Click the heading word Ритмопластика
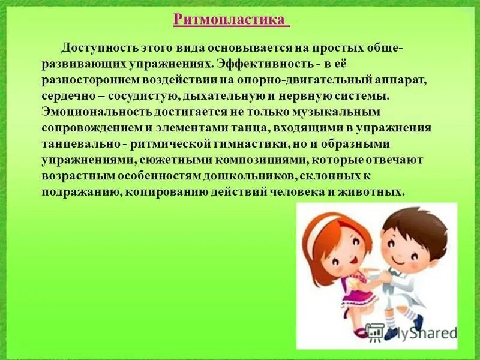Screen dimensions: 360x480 [230, 20]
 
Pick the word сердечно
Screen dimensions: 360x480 [69, 96]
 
